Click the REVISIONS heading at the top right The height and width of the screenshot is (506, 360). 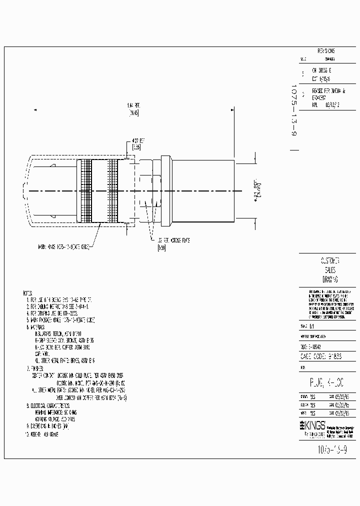coord(326,51)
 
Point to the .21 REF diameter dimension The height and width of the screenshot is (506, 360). coord(257,190)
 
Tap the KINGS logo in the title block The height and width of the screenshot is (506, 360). coord(313,424)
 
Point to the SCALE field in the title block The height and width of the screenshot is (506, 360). coord(307,325)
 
